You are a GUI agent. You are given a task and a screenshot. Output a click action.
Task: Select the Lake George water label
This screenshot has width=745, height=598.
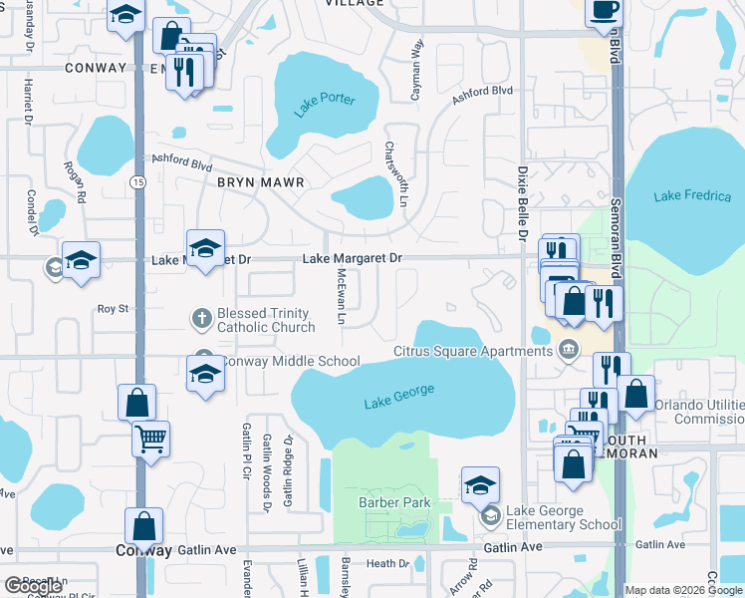click(x=399, y=397)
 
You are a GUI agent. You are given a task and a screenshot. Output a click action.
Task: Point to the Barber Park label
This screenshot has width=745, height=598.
click(x=395, y=502)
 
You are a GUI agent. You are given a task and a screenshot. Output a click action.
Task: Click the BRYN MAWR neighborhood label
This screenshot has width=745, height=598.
click(x=260, y=183)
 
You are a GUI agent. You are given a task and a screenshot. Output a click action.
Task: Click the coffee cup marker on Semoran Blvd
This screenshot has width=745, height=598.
click(x=604, y=12)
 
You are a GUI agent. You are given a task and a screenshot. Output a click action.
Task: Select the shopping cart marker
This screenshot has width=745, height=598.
click(x=150, y=438)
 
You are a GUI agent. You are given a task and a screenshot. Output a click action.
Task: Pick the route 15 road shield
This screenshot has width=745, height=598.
click(x=137, y=181)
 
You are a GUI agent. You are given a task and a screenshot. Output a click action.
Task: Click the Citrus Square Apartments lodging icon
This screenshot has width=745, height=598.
click(x=569, y=350)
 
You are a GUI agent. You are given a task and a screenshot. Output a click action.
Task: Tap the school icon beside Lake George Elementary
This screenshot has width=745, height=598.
click(x=490, y=517)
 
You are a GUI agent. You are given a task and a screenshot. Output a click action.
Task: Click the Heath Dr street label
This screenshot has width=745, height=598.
click(x=387, y=563)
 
